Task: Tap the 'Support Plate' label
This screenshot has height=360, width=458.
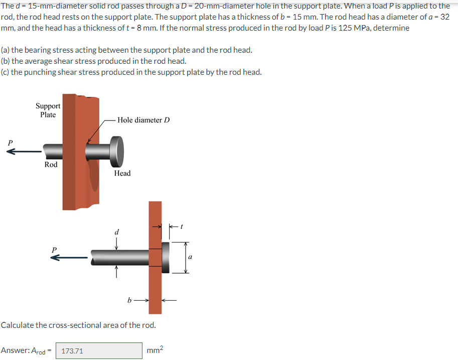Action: pos(48,110)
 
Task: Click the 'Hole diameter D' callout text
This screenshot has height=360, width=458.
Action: pos(143,120)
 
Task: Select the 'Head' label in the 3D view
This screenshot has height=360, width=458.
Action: pos(122,173)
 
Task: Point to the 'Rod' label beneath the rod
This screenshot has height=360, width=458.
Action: pos(51,165)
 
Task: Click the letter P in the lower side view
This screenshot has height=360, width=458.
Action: pos(54,249)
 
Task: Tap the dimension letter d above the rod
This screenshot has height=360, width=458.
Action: pos(116,232)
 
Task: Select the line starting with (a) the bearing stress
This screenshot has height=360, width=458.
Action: pos(126,50)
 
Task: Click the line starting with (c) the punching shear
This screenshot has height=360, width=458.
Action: pos(131,72)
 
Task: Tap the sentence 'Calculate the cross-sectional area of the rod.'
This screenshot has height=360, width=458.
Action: pos(78,325)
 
